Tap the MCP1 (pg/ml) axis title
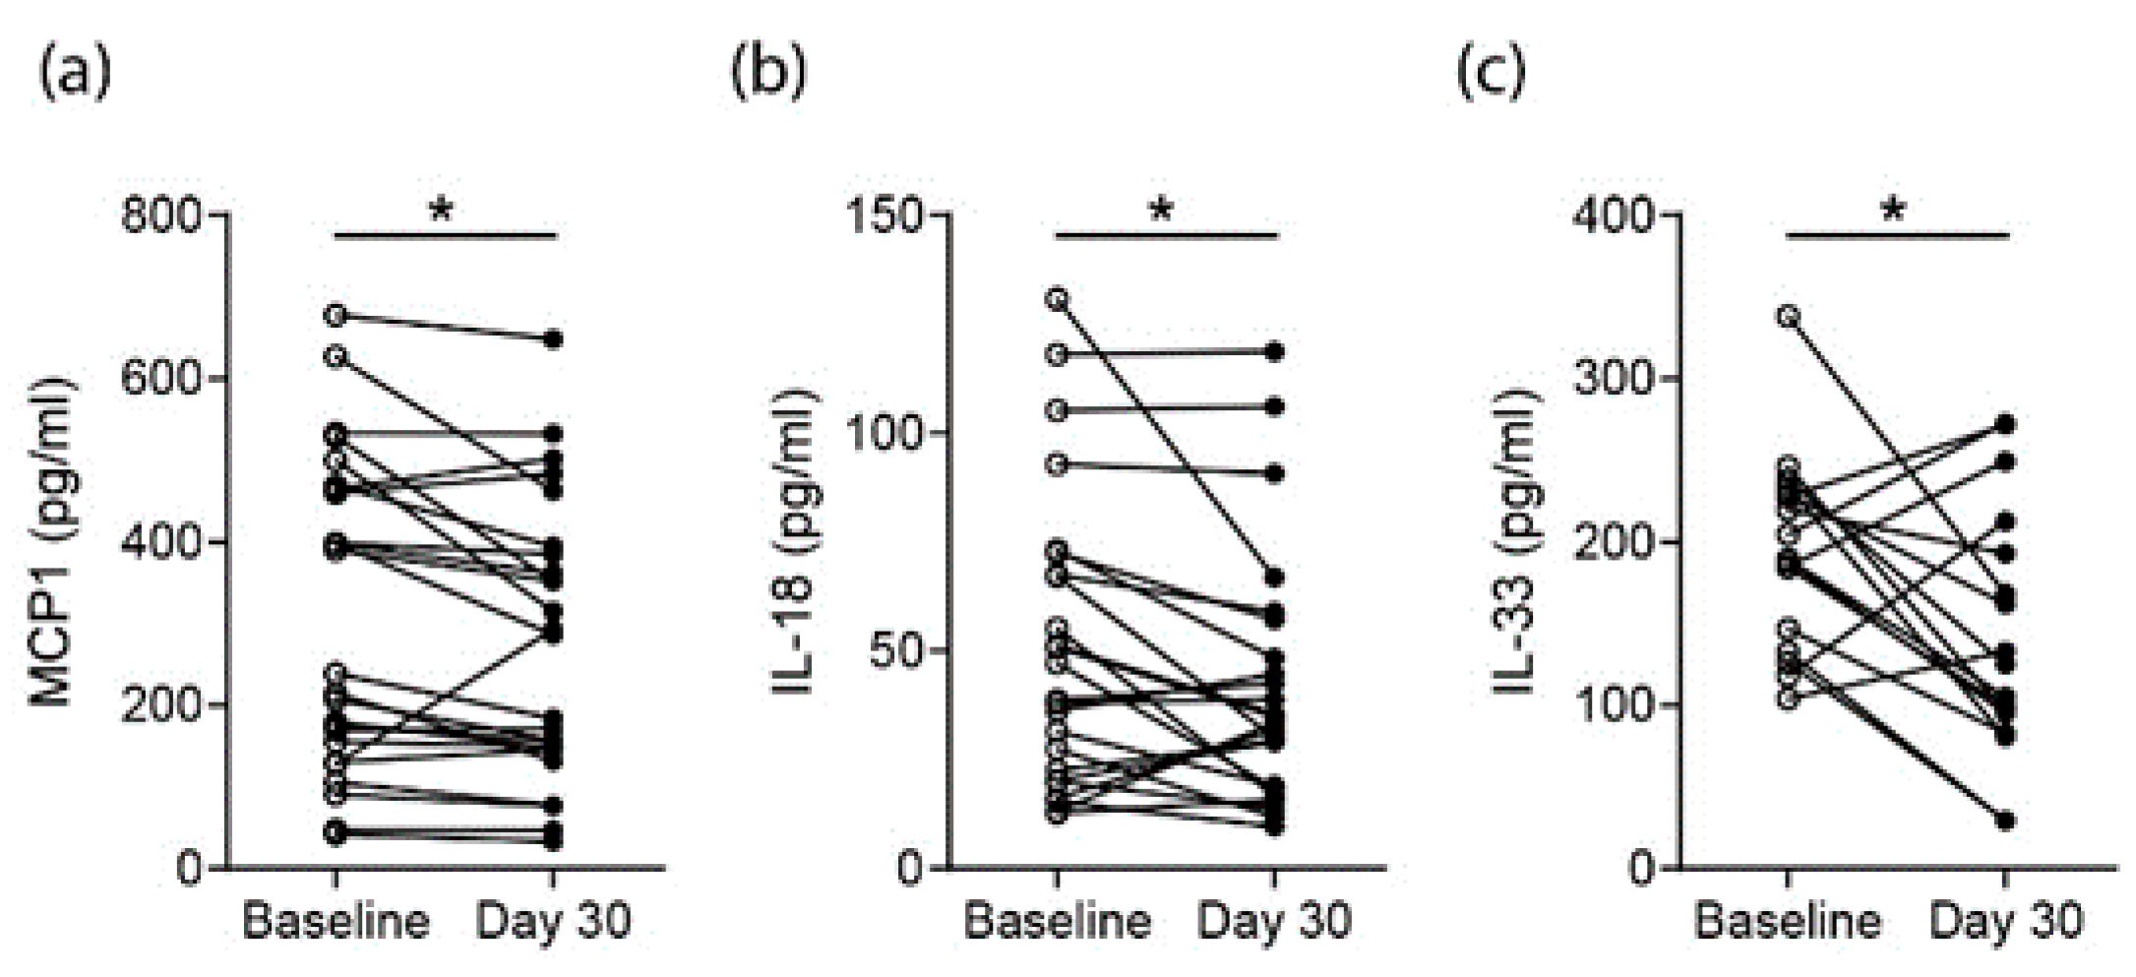pos(52,541)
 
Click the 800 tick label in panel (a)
pos(160,214)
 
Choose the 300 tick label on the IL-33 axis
pos(1614,379)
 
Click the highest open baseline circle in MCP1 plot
pos(336,316)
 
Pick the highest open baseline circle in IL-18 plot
pos(1057,299)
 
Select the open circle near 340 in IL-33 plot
pos(1788,316)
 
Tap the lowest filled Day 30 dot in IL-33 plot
pos(2005,821)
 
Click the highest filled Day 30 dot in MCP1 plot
pos(554,339)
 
